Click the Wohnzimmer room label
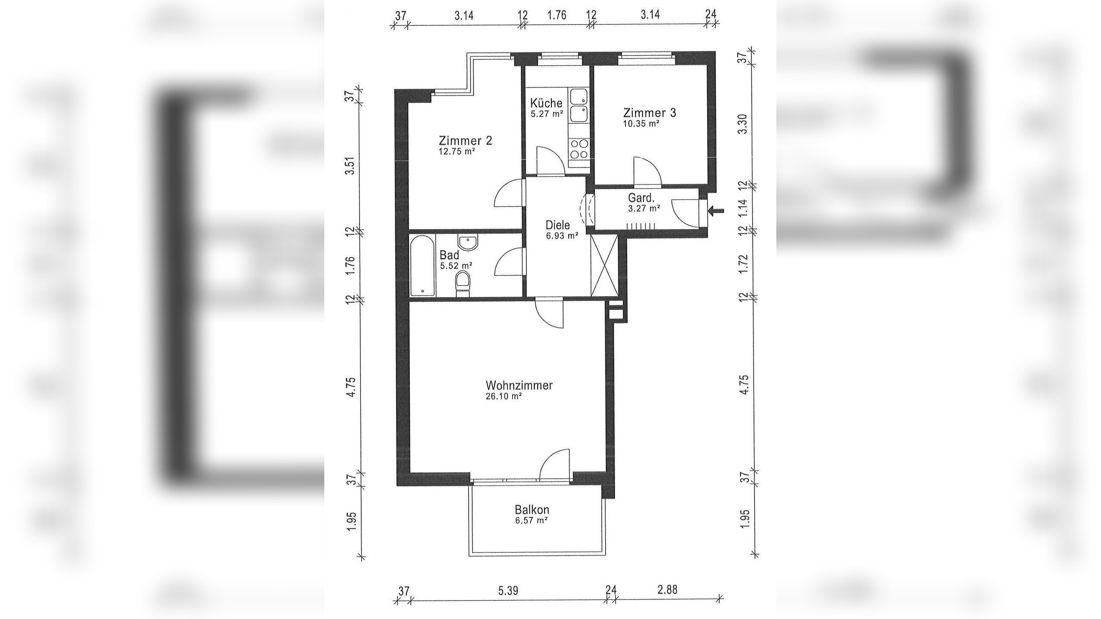(x=519, y=385)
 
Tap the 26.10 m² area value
(x=504, y=397)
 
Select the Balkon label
(x=532, y=510)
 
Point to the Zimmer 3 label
(x=650, y=113)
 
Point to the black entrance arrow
(x=716, y=211)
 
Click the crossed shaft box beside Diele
(x=605, y=266)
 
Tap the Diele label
(x=557, y=225)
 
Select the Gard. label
(x=641, y=198)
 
